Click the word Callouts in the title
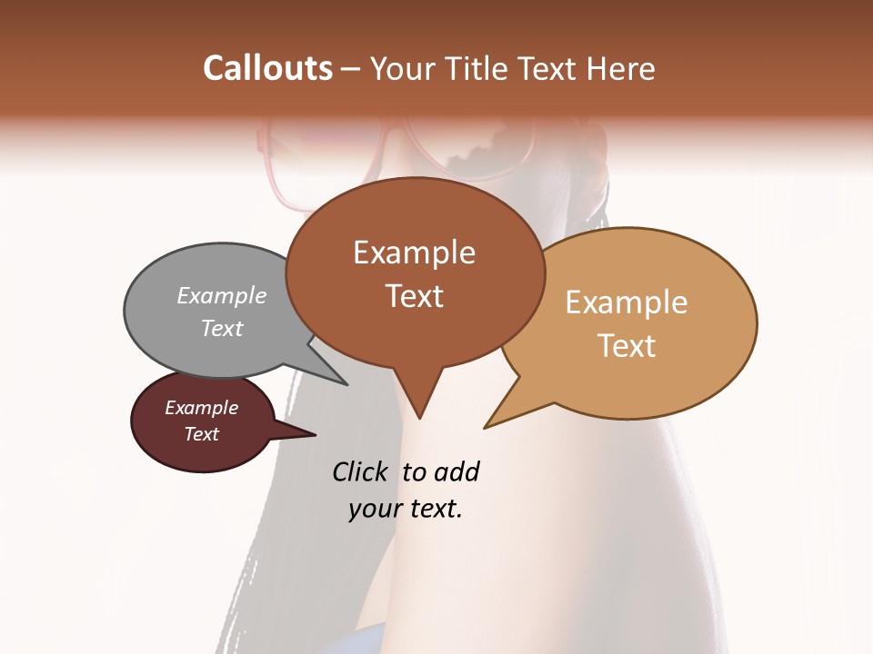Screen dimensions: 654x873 (267, 68)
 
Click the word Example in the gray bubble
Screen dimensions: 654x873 (222, 295)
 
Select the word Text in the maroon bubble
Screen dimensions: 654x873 (202, 434)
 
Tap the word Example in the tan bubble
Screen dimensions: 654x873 (627, 302)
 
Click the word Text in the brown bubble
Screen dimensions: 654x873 (415, 296)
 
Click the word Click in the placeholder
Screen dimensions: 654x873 (360, 471)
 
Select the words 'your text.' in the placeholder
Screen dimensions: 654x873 (406, 509)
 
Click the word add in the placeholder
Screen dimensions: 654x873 (457, 471)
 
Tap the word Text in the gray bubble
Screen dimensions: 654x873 (222, 328)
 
